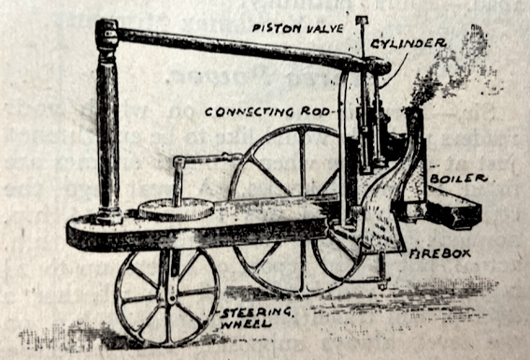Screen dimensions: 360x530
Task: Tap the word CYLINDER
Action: pos(413,43)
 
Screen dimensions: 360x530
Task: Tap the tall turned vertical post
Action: pos(108,131)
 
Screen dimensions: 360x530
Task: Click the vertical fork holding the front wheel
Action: pos(167,271)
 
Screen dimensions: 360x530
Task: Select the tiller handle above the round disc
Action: pos(201,164)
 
